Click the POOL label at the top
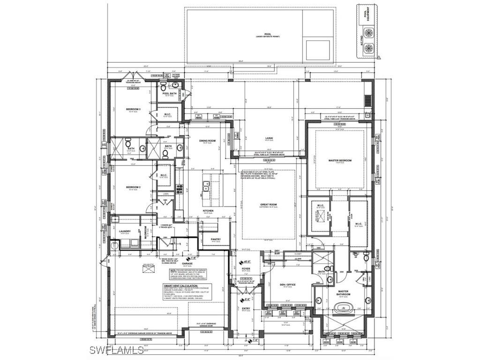click(x=268, y=34)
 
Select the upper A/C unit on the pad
click(x=370, y=34)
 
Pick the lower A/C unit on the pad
click(x=370, y=47)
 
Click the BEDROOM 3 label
click(x=134, y=109)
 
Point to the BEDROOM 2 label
click(x=134, y=187)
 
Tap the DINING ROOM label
click(x=207, y=141)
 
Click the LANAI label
click(x=269, y=138)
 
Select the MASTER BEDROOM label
click(x=340, y=160)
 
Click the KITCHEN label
click(x=208, y=211)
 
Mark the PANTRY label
click(x=216, y=239)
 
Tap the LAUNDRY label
click(x=125, y=231)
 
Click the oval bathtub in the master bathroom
click(x=341, y=308)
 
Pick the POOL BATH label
click(x=169, y=93)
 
